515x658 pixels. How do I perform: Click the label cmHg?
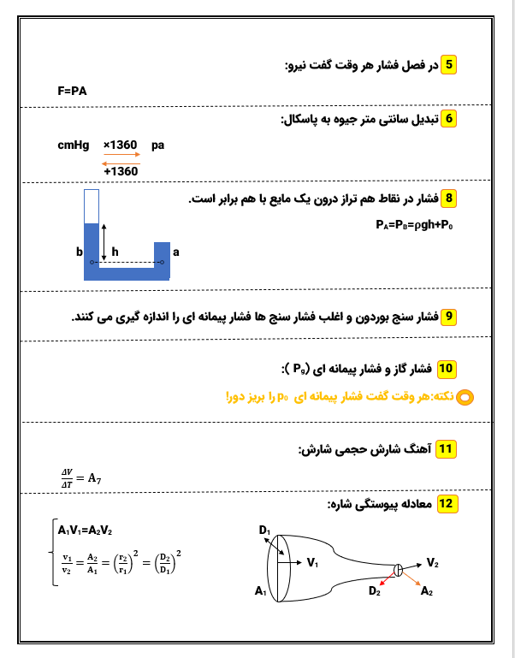point(73,145)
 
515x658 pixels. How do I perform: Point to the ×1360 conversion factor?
point(120,145)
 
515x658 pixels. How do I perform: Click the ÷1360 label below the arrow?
point(120,171)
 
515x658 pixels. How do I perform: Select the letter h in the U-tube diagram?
point(115,252)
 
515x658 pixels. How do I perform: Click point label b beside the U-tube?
point(78,253)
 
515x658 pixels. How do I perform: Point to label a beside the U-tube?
point(176,253)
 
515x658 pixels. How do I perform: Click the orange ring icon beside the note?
point(465,397)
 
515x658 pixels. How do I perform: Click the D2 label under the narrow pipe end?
point(374,590)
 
